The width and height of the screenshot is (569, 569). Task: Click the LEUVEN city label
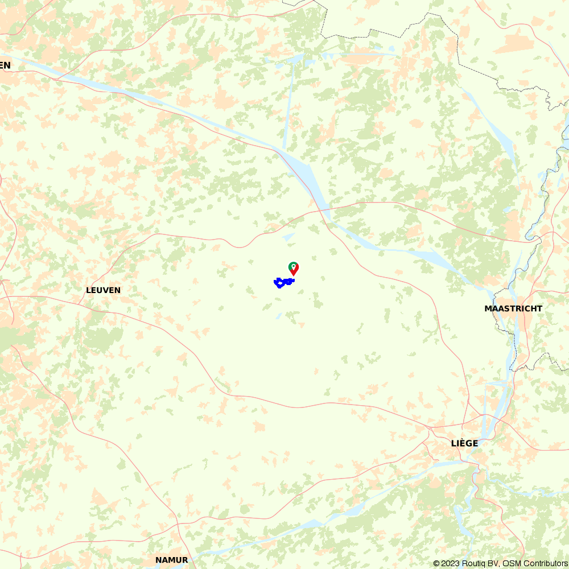pyautogui.click(x=103, y=290)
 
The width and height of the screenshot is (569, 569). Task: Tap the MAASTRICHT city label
pyautogui.click(x=513, y=308)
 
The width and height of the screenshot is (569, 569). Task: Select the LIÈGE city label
pyautogui.click(x=464, y=443)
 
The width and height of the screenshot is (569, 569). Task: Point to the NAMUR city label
pyautogui.click(x=171, y=560)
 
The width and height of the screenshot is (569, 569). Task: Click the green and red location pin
pyautogui.click(x=294, y=268)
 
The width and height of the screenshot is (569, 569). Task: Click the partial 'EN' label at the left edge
pyautogui.click(x=5, y=65)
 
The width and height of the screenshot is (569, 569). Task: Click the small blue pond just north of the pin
pyautogui.click(x=288, y=237)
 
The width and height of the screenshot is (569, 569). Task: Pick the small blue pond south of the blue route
pyautogui.click(x=279, y=315)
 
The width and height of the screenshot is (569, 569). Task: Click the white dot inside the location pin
pyautogui.click(x=294, y=266)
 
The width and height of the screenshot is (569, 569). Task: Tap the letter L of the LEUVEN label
pyautogui.click(x=88, y=290)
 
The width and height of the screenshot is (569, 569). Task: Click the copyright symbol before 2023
pyautogui.click(x=437, y=563)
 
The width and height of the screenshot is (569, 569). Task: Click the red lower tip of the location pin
pyautogui.click(x=294, y=275)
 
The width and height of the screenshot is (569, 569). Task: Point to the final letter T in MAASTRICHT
pyautogui.click(x=539, y=308)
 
